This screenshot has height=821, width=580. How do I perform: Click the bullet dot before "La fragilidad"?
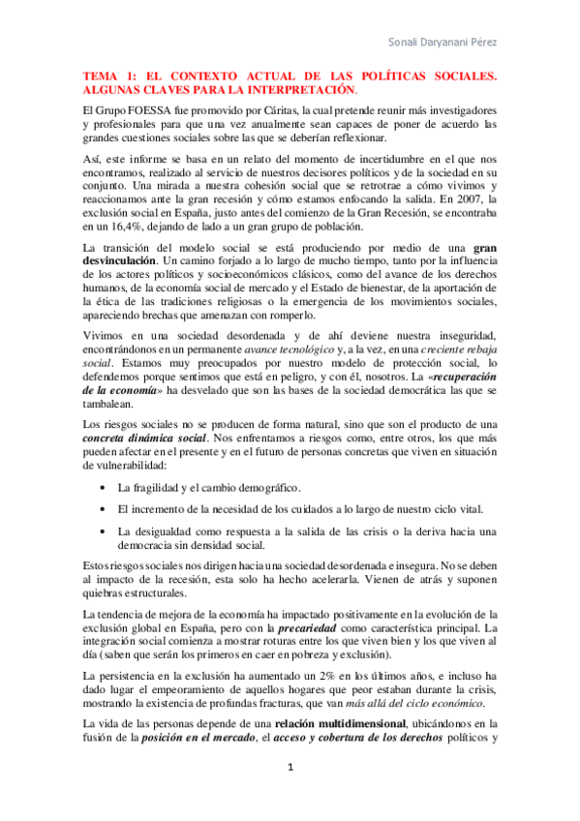tap(103, 488)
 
